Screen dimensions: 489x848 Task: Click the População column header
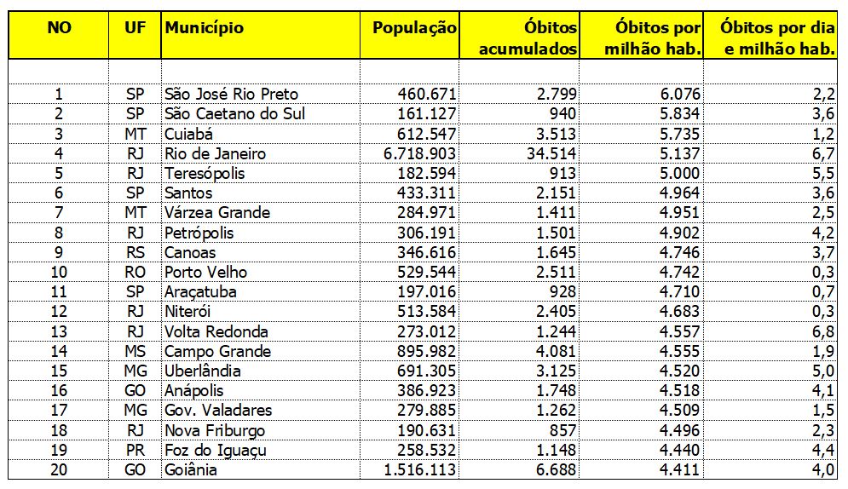[414, 28]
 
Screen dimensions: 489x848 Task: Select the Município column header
[205, 28]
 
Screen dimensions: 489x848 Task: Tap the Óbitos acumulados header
[528, 38]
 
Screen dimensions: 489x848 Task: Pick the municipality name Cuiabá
[189, 134]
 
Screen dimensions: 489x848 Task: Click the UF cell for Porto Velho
[135, 273]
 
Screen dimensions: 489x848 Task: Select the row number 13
[59, 332]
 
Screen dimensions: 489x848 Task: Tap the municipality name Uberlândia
[203, 371]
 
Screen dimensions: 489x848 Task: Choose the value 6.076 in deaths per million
[679, 95]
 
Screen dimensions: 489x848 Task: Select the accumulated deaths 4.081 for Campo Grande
[554, 352]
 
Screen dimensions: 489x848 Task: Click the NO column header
[59, 28]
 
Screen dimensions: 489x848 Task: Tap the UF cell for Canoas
[135, 253]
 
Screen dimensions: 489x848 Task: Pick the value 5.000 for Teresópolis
[679, 174]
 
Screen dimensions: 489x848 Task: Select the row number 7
[59, 213]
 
